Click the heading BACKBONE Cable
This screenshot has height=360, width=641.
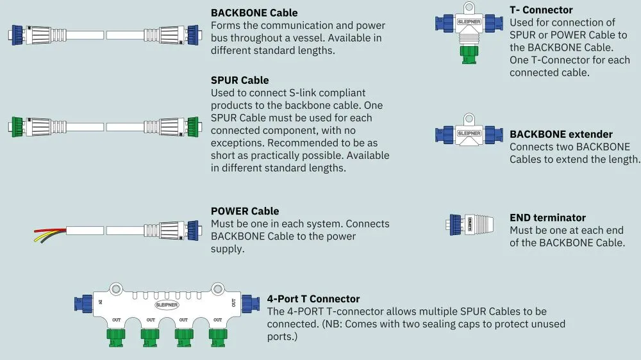point(254,13)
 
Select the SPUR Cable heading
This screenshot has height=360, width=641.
point(240,80)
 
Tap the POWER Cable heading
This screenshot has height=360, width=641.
point(245,211)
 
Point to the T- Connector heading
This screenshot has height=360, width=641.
point(541,10)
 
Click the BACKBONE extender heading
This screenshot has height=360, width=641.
point(561,135)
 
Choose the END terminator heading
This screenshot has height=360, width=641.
point(547,218)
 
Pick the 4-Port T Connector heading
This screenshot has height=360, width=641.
point(313,299)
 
